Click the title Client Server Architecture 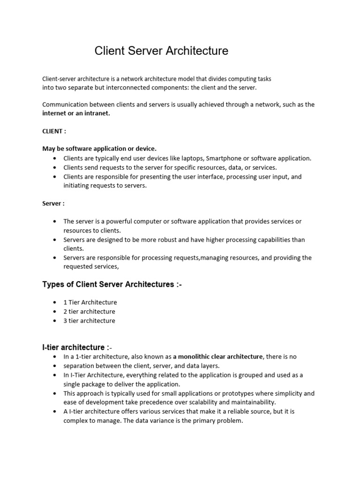click(161, 51)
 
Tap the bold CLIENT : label click(54, 131)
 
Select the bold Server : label click(53, 203)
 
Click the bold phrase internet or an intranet click(76, 113)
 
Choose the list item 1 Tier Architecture click(90, 302)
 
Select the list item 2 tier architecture click(89, 312)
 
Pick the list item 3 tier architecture click(89, 321)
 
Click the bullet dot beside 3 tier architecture click(55, 321)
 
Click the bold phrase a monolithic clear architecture click(217, 357)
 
